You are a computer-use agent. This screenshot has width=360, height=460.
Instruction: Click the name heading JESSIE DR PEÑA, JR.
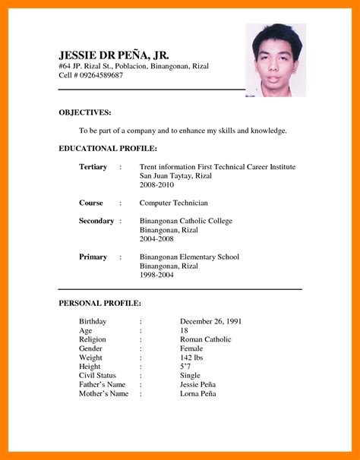(113, 55)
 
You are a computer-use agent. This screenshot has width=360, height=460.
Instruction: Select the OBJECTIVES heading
(84, 112)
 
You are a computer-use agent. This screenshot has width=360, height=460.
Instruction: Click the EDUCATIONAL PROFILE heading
(108, 148)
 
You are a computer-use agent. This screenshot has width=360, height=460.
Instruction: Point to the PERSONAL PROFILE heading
(99, 303)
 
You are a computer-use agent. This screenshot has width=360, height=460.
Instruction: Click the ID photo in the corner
(275, 60)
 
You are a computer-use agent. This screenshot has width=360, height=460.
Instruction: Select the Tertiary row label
(93, 166)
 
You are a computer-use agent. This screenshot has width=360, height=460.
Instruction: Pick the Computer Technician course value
(173, 203)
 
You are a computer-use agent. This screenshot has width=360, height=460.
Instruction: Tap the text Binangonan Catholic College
(186, 221)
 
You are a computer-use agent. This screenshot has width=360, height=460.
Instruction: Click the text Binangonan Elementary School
(189, 257)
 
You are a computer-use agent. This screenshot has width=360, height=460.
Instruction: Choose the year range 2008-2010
(156, 184)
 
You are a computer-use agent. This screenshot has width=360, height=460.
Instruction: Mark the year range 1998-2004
(156, 275)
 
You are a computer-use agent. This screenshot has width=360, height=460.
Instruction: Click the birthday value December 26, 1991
(210, 321)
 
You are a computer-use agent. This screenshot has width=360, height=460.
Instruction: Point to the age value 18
(185, 330)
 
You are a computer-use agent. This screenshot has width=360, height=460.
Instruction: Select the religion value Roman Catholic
(205, 339)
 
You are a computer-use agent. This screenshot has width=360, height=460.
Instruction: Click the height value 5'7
(186, 366)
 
